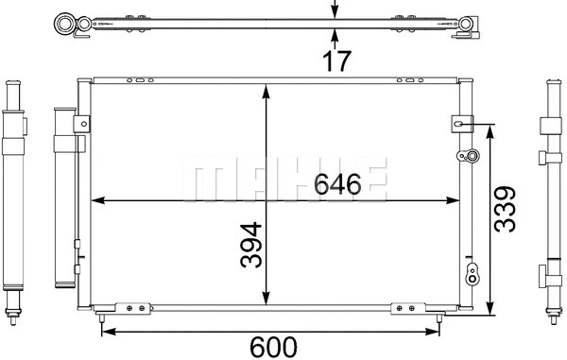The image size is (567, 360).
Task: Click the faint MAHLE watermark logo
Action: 283,180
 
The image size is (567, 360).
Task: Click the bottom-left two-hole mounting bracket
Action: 132,306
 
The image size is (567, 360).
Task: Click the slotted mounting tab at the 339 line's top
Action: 463,123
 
